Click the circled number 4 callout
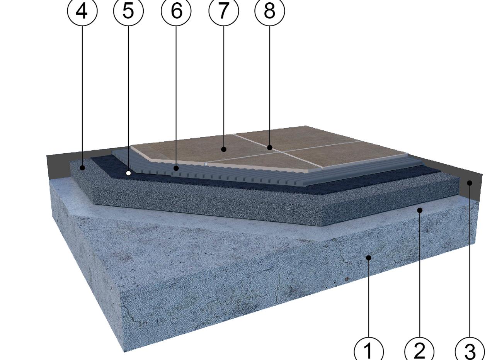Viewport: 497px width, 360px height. pyautogui.click(x=82, y=11)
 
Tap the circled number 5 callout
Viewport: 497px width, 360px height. pyautogui.click(x=128, y=11)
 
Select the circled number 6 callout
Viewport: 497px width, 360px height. pyautogui.click(x=176, y=11)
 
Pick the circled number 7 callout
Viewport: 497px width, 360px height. pyautogui.click(x=224, y=11)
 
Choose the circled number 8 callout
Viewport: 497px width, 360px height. pyautogui.click(x=270, y=11)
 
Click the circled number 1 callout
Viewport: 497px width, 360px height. pyautogui.click(x=369, y=351)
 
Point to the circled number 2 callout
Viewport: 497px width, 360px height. pyautogui.click(x=420, y=351)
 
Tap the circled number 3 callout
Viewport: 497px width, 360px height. pyautogui.click(x=470, y=351)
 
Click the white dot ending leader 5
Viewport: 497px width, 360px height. pyautogui.click(x=128, y=173)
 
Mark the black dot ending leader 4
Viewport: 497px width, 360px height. pyautogui.click(x=82, y=168)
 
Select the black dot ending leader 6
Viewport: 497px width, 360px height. pyautogui.click(x=176, y=168)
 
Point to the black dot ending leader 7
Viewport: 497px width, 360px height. pyautogui.click(x=224, y=149)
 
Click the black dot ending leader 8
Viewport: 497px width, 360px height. pyautogui.click(x=270, y=148)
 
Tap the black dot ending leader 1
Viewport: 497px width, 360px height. pyautogui.click(x=369, y=258)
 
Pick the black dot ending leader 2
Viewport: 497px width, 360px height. pyautogui.click(x=420, y=210)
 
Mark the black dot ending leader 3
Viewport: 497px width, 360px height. pyautogui.click(x=470, y=183)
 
